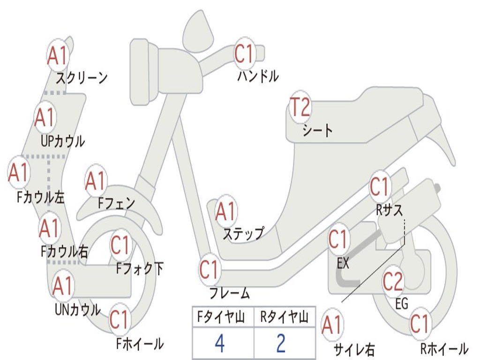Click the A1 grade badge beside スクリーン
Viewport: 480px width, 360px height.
tap(58, 56)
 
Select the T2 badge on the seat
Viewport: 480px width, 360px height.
tap(300, 108)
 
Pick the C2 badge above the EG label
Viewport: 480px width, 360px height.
tap(393, 281)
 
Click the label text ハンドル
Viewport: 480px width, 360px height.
tap(258, 76)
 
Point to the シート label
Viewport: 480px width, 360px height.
tap(317, 130)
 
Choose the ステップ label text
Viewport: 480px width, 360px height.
tap(243, 233)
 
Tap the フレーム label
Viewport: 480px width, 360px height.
tap(229, 293)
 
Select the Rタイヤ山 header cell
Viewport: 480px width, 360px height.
tap(284, 317)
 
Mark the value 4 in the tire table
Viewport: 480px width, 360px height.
tap(219, 344)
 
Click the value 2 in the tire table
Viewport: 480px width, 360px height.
tap(281, 344)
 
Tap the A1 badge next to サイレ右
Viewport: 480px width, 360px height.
tap(332, 324)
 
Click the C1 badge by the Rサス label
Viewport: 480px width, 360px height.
tap(380, 187)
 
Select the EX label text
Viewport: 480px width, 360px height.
tap(343, 263)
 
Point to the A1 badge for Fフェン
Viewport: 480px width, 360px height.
tap(96, 181)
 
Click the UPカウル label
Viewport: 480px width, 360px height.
tap(63, 141)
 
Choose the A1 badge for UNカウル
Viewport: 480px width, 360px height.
tap(62, 286)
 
